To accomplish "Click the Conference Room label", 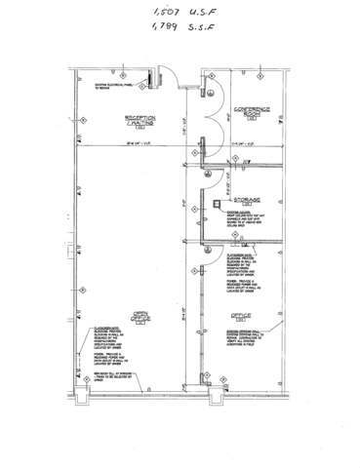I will coord(250,110).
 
